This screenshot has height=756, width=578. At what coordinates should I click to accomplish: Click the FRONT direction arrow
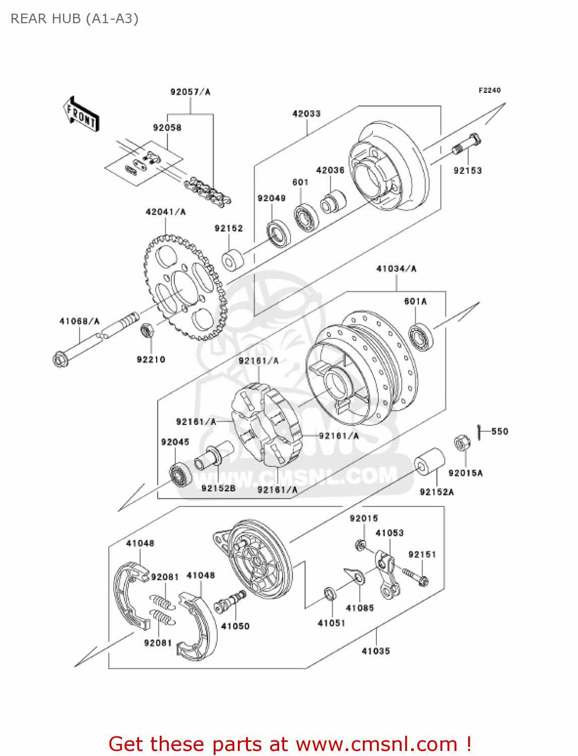tap(81, 114)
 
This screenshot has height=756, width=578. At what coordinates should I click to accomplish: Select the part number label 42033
tap(306, 114)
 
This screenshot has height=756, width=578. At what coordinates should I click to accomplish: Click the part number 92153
tap(468, 171)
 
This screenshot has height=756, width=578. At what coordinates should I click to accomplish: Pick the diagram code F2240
tap(489, 90)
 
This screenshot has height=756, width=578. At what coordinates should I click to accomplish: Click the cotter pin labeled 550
tap(479, 431)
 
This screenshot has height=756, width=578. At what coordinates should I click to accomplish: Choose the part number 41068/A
tap(80, 322)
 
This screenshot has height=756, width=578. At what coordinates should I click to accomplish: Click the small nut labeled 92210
tap(147, 331)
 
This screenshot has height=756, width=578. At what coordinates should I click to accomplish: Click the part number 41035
tap(376, 651)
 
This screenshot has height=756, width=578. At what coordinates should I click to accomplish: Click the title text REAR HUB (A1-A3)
tap(75, 19)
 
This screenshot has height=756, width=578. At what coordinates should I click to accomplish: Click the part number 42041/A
tap(165, 212)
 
